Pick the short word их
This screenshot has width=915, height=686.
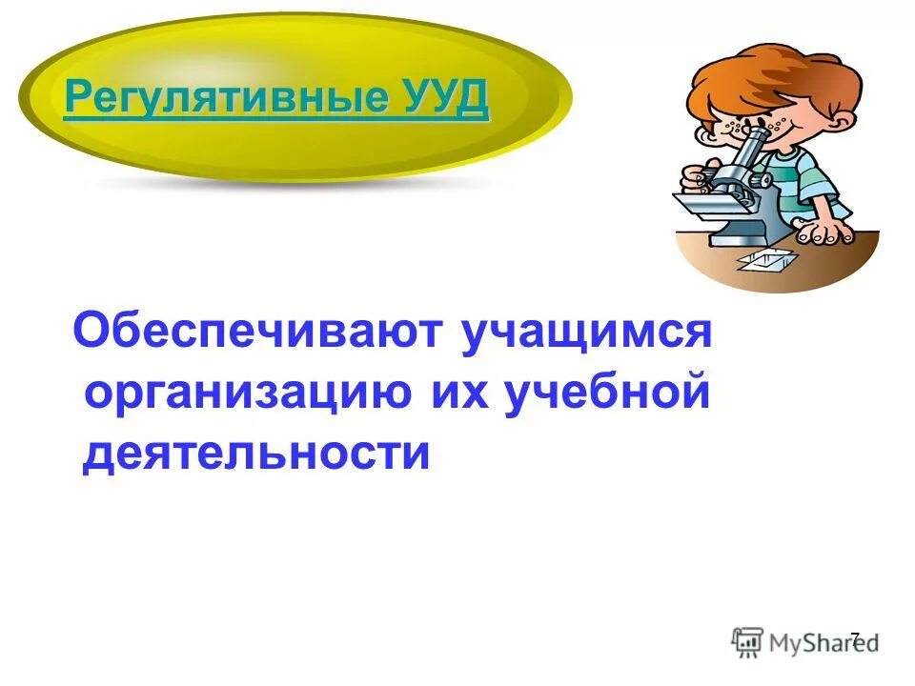tap(452, 393)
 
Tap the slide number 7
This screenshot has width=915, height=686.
tap(854, 639)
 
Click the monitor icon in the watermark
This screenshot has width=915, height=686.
tap(747, 640)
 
